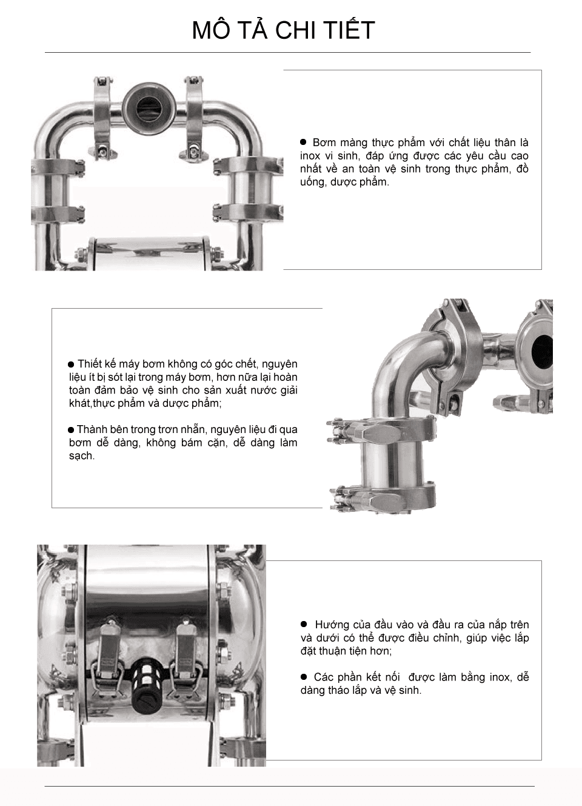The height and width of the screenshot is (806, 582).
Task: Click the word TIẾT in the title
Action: pyautogui.click(x=347, y=30)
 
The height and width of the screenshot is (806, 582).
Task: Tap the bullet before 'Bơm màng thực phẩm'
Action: pyautogui.click(x=304, y=142)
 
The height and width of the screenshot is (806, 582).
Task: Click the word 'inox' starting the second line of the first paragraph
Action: pyautogui.click(x=310, y=156)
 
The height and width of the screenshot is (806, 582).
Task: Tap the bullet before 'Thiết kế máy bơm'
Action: pyautogui.click(x=71, y=364)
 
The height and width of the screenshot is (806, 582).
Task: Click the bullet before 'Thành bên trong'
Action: pyautogui.click(x=71, y=430)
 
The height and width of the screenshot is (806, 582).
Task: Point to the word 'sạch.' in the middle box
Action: pyautogui.click(x=82, y=456)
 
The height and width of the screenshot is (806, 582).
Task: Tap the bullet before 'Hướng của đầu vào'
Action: pyautogui.click(x=304, y=624)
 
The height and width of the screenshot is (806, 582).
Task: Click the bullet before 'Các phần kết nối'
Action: pyautogui.click(x=304, y=676)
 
